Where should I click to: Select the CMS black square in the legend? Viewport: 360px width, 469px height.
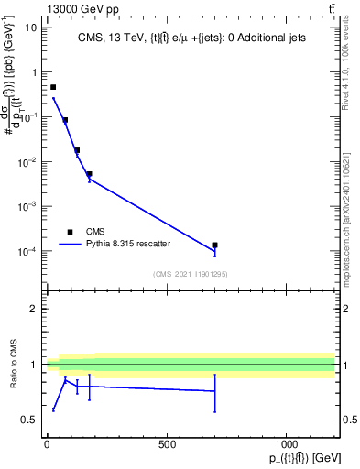click(70, 232)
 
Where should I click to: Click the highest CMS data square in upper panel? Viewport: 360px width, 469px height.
click(53, 87)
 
